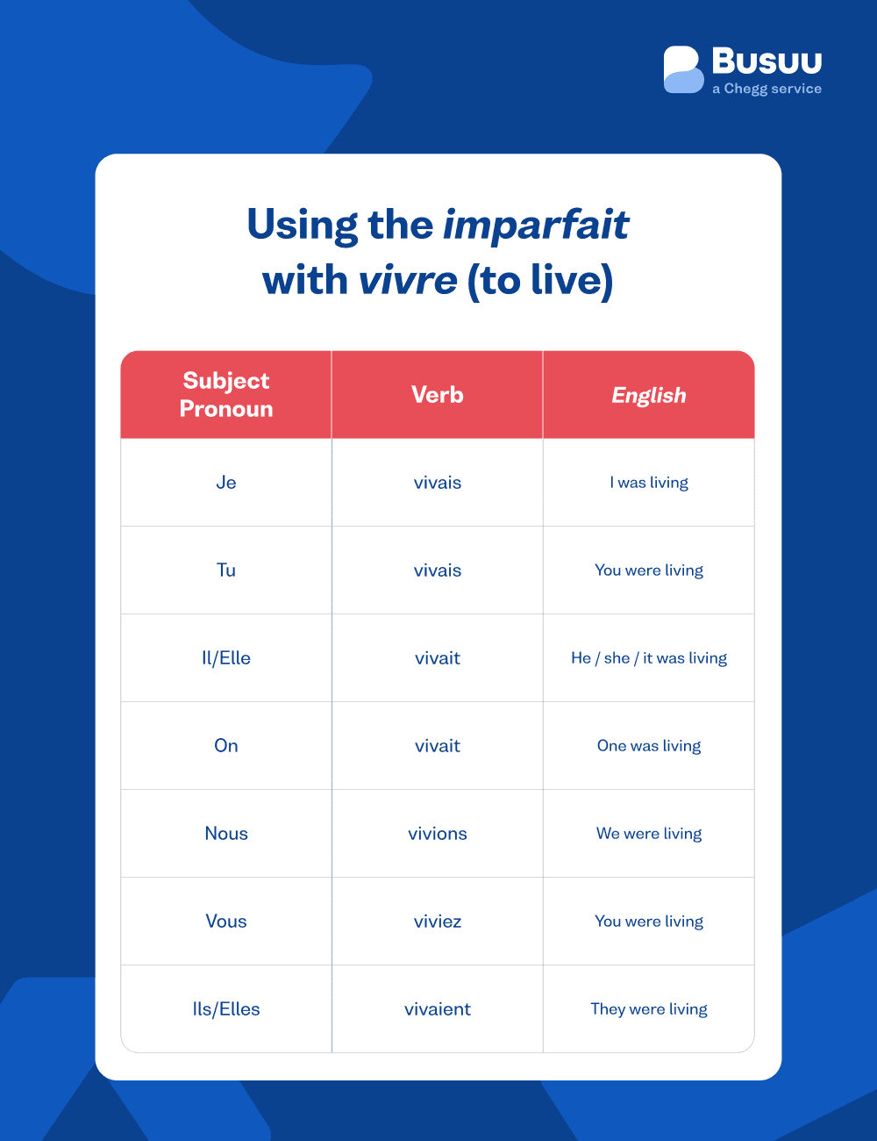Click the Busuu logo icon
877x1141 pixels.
pos(683,69)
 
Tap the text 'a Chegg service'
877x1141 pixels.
pos(766,89)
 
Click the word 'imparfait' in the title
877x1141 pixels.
pos(536,225)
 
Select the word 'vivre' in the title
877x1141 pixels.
pos(408,281)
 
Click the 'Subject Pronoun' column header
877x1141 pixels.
pos(226,394)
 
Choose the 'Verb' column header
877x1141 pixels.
pos(438,395)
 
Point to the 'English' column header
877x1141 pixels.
pos(649,396)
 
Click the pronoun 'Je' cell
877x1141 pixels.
pos(226,483)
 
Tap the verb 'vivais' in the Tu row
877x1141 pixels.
pos(438,570)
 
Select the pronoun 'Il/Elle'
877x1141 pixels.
pos(226,658)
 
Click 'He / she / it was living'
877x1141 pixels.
pos(649,658)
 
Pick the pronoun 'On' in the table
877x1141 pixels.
pos(226,746)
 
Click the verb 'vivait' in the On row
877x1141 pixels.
pos(438,746)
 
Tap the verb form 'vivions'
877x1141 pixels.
pos(438,834)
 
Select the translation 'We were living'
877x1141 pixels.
pos(649,834)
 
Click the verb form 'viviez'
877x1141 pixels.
pos(438,922)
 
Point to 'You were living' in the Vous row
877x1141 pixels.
pos(649,922)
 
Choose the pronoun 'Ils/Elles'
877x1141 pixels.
pos(226,1009)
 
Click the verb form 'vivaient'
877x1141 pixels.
pos(438,1009)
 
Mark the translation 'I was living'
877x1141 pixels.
pos(649,483)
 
